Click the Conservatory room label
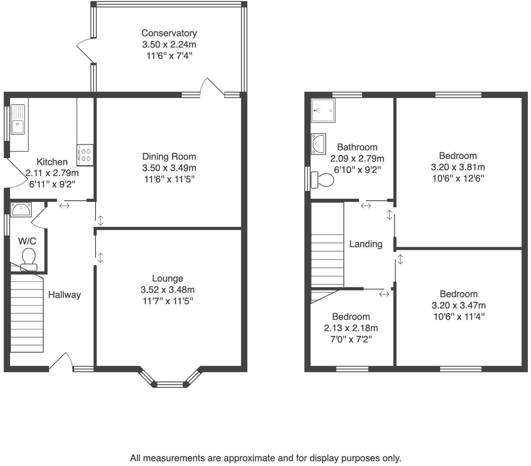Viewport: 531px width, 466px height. [x=169, y=33]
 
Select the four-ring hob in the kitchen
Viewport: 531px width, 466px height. [x=85, y=155]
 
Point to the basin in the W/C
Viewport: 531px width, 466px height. [x=21, y=210]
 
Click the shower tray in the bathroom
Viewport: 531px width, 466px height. [x=323, y=110]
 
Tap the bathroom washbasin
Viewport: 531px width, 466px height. [x=318, y=144]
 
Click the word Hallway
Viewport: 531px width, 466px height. [x=64, y=295]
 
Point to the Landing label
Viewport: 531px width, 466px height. [x=366, y=244]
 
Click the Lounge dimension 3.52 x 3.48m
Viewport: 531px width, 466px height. [x=168, y=290]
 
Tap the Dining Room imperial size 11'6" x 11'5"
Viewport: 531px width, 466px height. [x=169, y=179]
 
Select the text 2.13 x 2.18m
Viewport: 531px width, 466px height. [x=351, y=328]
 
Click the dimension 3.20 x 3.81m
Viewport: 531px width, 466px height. [x=458, y=167]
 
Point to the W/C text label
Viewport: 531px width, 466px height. [x=27, y=241]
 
